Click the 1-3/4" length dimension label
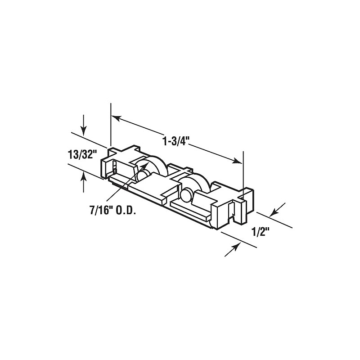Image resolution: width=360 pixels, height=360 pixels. click(175, 140)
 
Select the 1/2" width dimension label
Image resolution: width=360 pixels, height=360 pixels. click(260, 232)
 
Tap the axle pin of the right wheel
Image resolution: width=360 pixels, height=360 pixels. click(185, 196)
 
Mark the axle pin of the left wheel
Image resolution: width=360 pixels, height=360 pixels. click(144, 174)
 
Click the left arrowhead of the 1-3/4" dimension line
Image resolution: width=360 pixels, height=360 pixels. click(116, 118)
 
